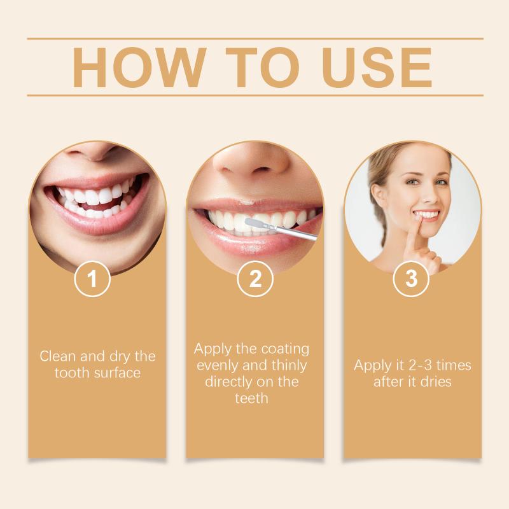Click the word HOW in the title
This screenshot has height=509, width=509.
(139, 67)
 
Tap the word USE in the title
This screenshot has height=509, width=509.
(377, 67)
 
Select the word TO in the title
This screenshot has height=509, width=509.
(262, 67)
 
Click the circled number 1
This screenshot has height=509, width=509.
(92, 279)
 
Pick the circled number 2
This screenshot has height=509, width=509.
(255, 279)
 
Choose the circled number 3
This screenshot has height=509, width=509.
(411, 279)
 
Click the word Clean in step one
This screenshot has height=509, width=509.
(58, 356)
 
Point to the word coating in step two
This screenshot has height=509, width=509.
(285, 350)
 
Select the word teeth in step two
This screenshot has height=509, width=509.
(251, 398)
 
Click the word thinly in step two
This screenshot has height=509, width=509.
(289, 366)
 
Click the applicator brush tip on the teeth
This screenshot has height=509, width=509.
(251, 223)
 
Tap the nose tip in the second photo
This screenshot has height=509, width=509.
(251, 162)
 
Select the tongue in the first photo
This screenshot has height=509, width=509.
(97, 206)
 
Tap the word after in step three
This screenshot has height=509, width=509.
(387, 382)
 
